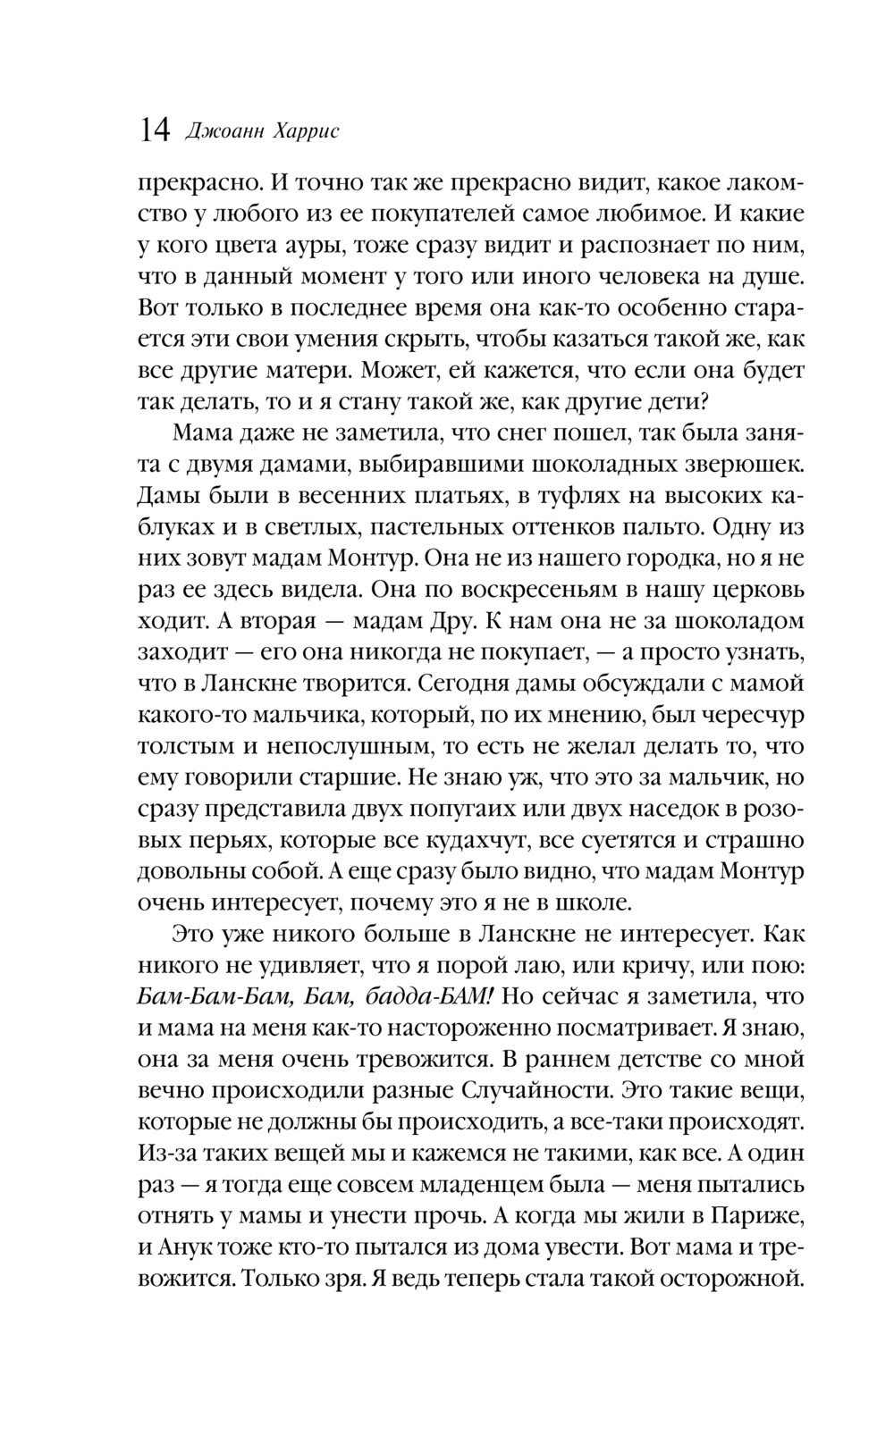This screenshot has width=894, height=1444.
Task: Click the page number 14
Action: click(154, 131)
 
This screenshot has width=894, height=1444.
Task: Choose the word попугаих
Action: click(468, 809)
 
